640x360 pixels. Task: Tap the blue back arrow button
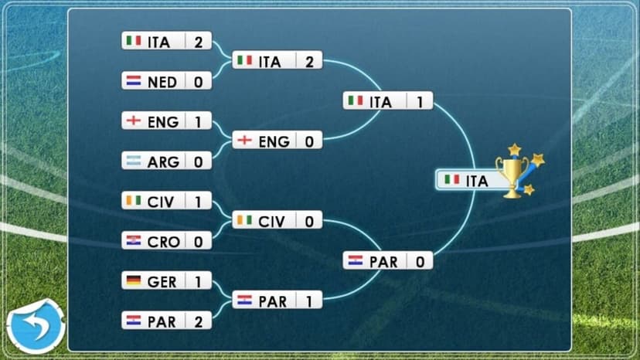click(x=36, y=327)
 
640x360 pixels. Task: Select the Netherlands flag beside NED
click(x=134, y=81)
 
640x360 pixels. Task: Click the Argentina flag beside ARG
click(x=134, y=161)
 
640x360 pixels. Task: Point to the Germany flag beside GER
click(x=134, y=281)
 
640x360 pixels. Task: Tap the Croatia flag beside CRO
click(x=134, y=241)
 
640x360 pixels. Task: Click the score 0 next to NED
click(x=199, y=82)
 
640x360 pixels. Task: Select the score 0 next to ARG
click(x=199, y=162)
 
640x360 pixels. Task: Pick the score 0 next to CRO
click(x=199, y=242)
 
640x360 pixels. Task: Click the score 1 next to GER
click(x=199, y=282)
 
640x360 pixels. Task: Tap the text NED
click(x=162, y=83)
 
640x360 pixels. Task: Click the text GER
click(x=162, y=282)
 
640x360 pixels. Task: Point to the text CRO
click(x=163, y=242)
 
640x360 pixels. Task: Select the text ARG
click(x=163, y=162)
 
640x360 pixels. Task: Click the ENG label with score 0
click(x=274, y=141)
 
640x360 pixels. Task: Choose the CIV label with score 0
click(x=271, y=222)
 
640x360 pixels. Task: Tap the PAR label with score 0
click(x=383, y=262)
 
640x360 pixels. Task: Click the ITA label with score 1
click(x=380, y=102)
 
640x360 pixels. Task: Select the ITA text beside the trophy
click(x=477, y=182)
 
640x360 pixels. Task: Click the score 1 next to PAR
click(x=309, y=301)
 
